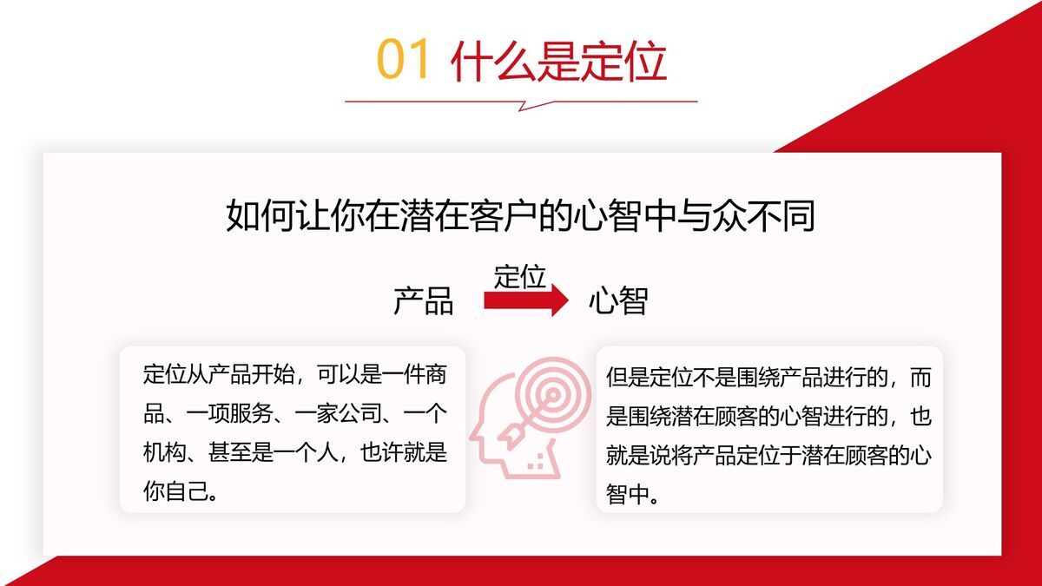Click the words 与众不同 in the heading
748,215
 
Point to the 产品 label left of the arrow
423,301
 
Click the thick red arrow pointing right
525,300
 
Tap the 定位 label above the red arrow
519,276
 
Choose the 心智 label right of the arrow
618,301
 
